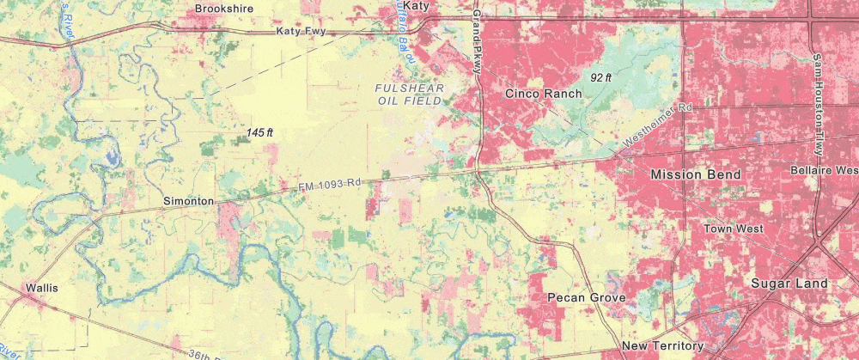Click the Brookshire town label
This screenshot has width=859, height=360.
(x=224, y=9)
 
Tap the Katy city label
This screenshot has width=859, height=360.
(x=416, y=6)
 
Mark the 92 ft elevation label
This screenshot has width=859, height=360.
(x=600, y=77)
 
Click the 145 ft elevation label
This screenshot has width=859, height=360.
(x=259, y=133)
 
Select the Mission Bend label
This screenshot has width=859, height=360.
(x=695, y=174)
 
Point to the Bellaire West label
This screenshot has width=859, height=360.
(x=823, y=170)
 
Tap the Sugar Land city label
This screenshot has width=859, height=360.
(x=789, y=284)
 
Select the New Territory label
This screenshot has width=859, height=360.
(x=662, y=346)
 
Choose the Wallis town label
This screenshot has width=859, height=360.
(x=41, y=288)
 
